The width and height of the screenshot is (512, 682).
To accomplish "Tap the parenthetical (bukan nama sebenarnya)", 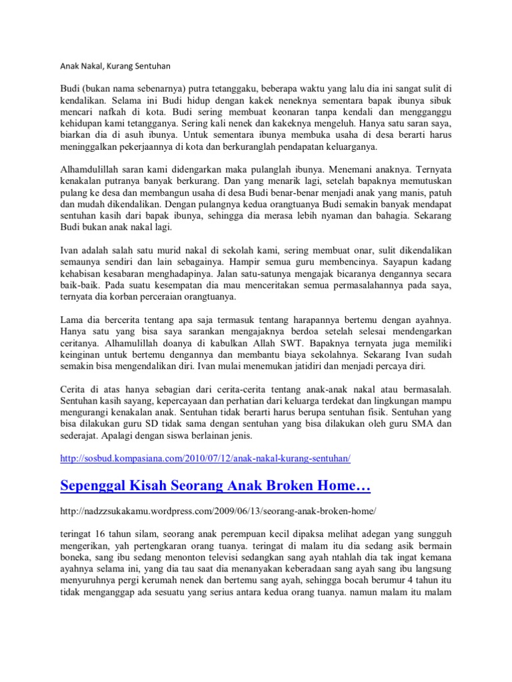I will (133, 89).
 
